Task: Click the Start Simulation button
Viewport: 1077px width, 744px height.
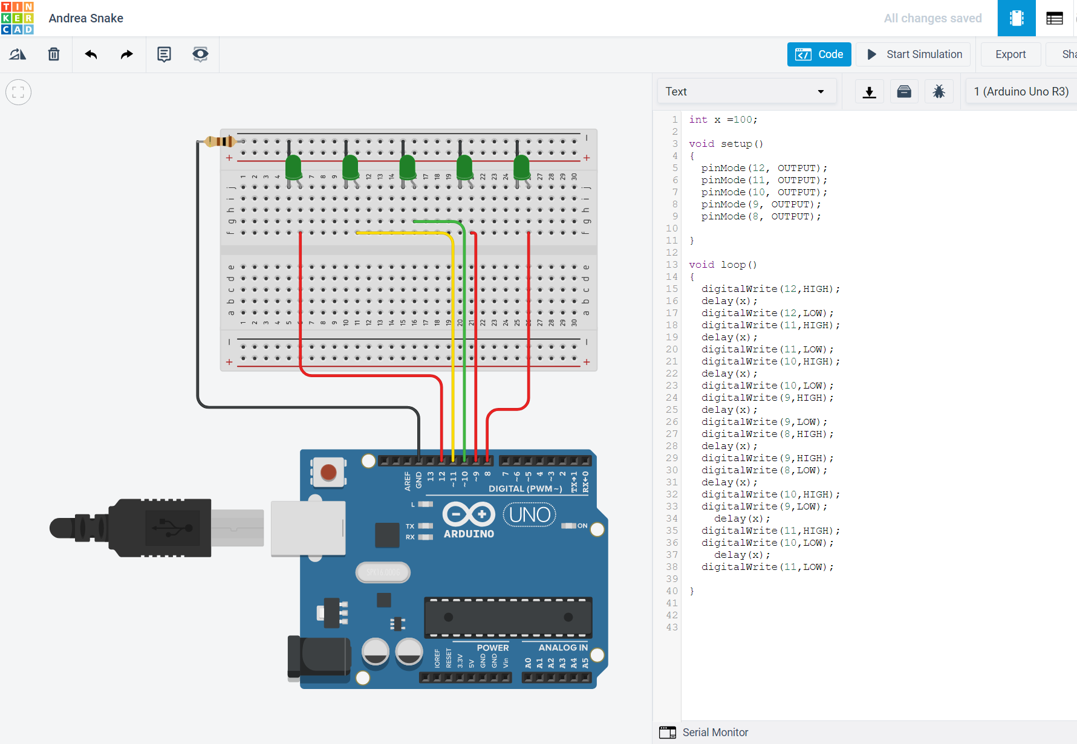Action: coord(914,54)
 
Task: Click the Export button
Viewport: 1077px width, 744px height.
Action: coord(1010,54)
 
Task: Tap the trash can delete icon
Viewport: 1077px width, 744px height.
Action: coord(54,54)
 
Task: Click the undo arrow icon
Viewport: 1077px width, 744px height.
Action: coord(91,54)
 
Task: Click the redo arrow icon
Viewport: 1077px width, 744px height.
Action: coord(126,54)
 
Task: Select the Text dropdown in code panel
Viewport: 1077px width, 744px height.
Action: coord(746,91)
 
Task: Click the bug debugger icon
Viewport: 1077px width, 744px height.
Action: coord(939,91)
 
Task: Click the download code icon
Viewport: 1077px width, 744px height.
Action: coord(869,91)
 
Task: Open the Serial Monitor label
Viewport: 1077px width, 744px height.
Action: coord(715,733)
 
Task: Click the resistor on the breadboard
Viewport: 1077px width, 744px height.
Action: coord(220,141)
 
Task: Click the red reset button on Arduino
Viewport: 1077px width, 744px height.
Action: coord(328,472)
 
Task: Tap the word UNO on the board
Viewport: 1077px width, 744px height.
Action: coord(530,515)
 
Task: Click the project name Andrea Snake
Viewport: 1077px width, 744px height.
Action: coord(86,18)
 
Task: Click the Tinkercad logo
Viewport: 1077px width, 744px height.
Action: coord(18,18)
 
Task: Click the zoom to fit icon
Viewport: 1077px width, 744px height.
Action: coord(18,92)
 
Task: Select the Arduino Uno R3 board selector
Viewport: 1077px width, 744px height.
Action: coord(1021,91)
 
